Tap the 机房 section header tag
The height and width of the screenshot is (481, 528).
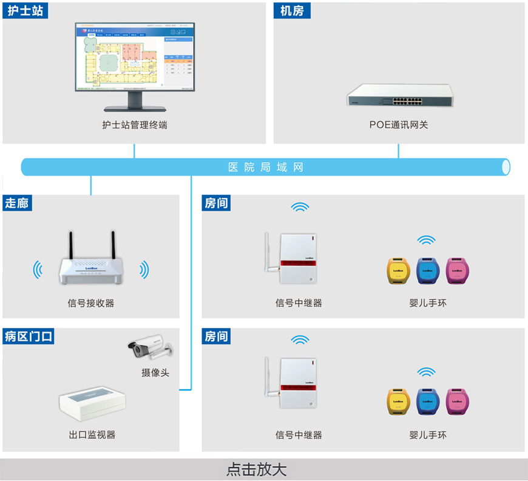[292, 10]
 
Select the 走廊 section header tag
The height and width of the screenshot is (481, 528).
[18, 203]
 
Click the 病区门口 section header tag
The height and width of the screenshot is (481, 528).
[29, 336]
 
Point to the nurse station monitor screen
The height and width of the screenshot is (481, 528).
[135, 57]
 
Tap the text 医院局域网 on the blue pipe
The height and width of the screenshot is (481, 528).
[265, 167]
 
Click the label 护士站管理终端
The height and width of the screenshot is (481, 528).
[135, 125]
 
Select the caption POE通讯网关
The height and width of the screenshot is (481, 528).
[399, 125]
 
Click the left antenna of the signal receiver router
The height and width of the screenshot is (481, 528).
[70, 245]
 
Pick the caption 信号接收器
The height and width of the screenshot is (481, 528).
[90, 302]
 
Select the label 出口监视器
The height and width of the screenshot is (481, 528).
[92, 435]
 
